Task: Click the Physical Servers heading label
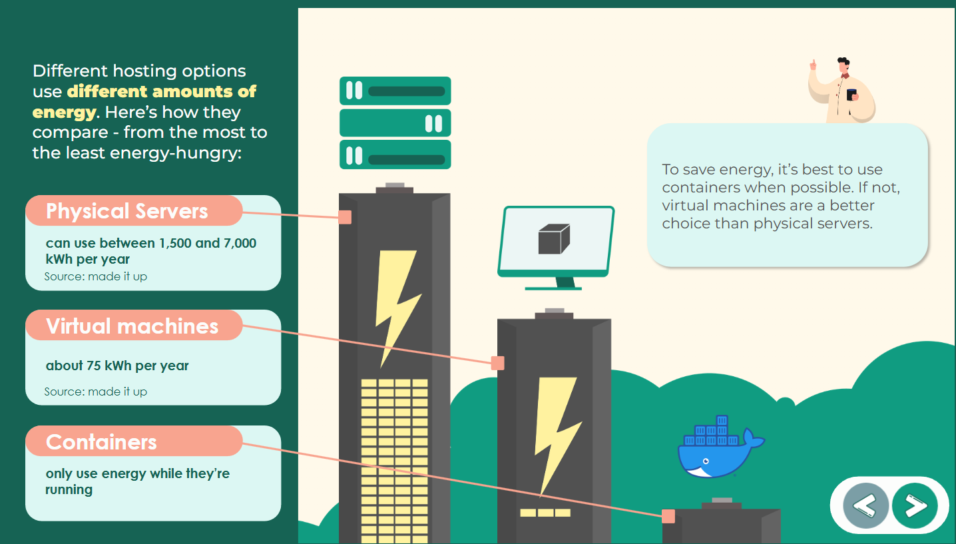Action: (x=127, y=211)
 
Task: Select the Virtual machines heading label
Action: (x=132, y=326)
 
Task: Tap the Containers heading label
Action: (x=101, y=442)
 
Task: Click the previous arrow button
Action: (x=865, y=506)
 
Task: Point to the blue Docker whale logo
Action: (x=718, y=449)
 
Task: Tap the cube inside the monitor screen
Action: (x=554, y=239)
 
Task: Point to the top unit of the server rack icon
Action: (x=395, y=91)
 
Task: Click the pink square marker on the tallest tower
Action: (x=345, y=217)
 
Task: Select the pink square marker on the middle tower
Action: (x=497, y=363)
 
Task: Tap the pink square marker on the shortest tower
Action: (x=668, y=516)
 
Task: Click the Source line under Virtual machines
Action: (x=96, y=392)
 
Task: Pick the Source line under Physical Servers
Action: (x=96, y=276)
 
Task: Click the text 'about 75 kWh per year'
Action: (x=117, y=366)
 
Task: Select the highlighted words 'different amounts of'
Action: (x=161, y=91)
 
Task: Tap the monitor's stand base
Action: (x=553, y=288)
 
